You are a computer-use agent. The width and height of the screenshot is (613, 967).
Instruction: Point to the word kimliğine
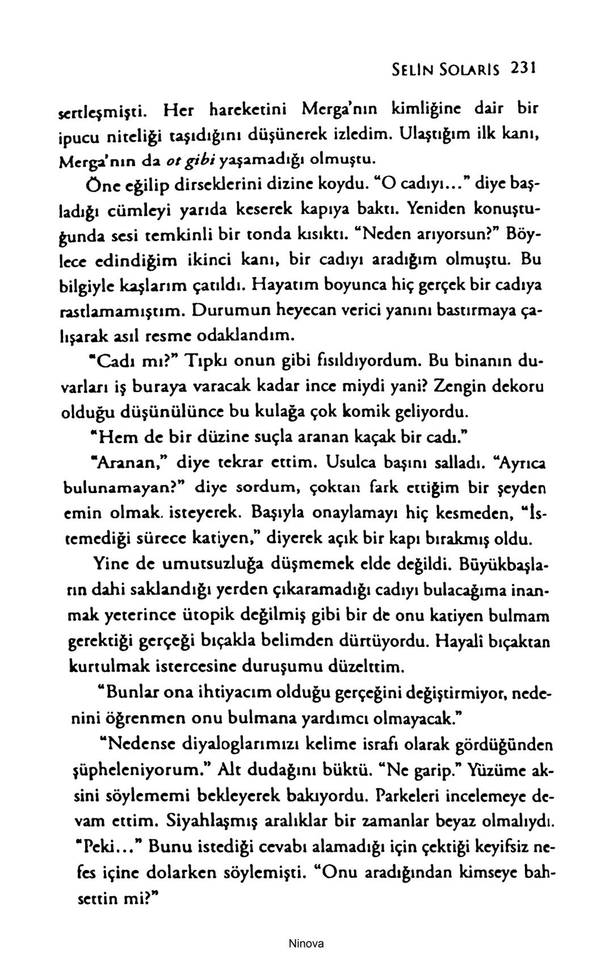[411, 106]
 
